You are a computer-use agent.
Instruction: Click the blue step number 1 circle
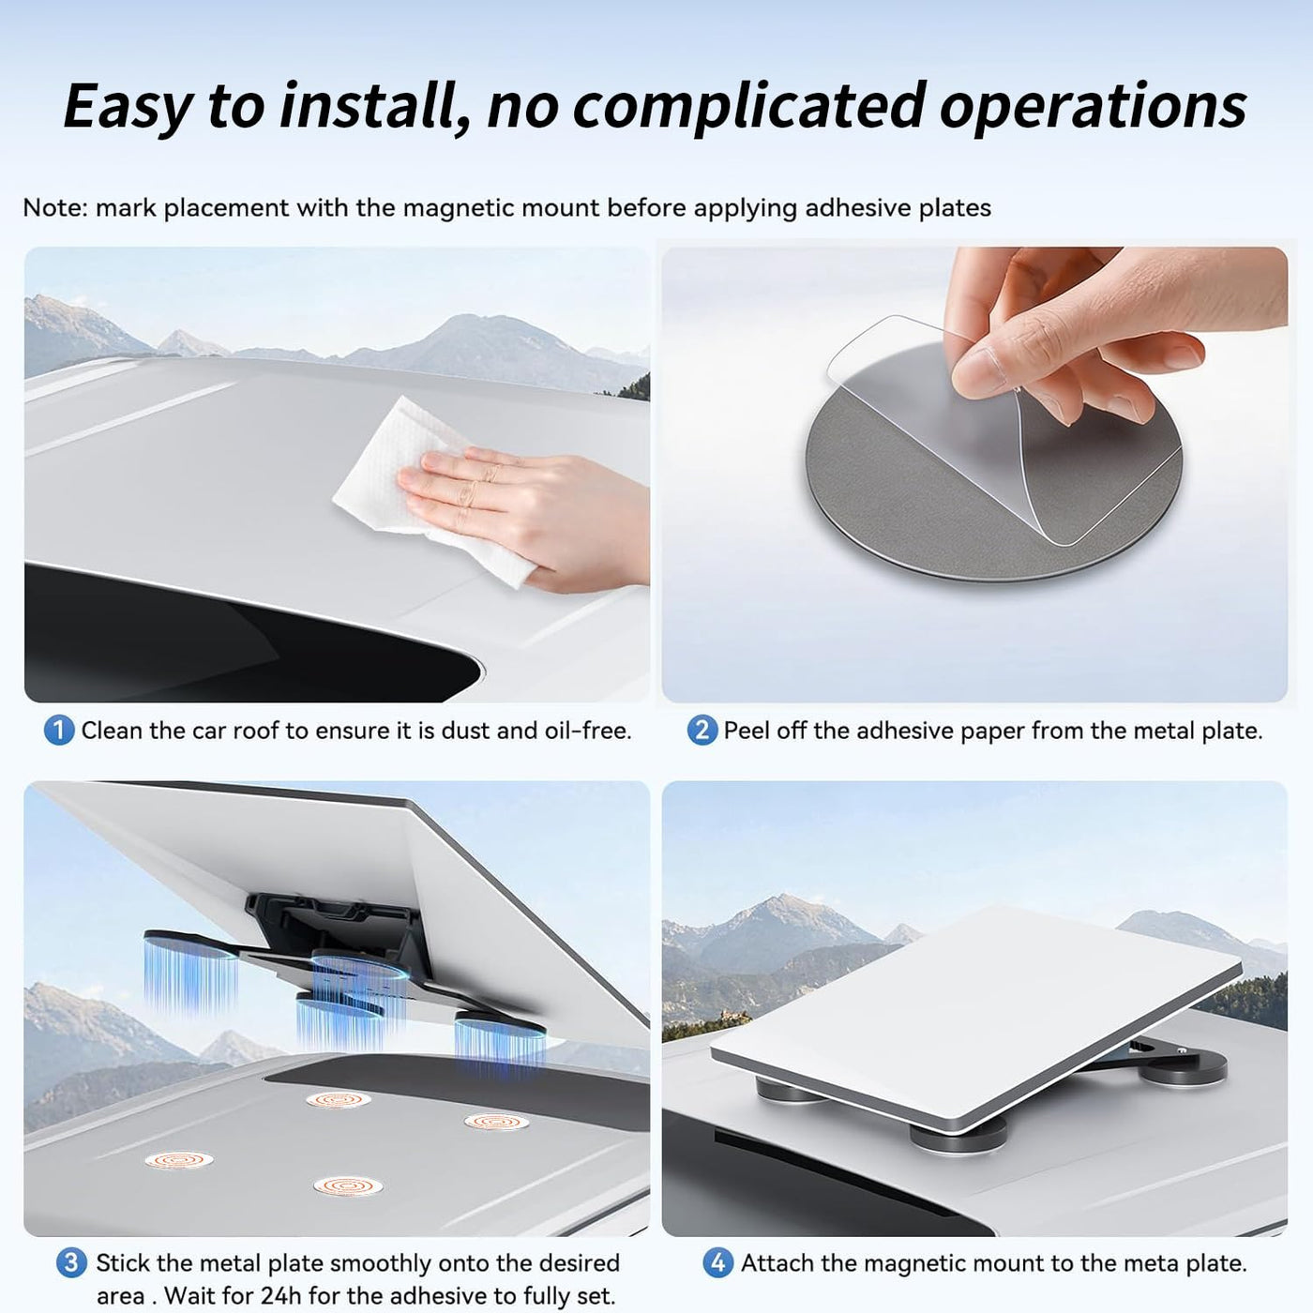coord(59,732)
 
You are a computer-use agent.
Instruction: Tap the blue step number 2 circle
coord(702,732)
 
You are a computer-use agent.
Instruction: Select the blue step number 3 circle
coord(71,1262)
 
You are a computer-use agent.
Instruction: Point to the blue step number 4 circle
coord(717,1262)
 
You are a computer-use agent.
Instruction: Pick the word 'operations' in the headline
coord(1094,109)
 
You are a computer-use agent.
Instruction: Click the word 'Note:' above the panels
coord(55,208)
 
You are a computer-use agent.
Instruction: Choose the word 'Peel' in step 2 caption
coord(747,732)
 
